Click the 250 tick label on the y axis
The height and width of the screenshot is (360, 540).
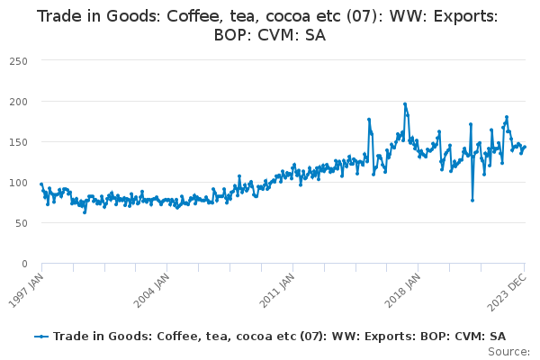(x=19, y=61)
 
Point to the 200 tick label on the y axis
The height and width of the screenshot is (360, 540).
(x=19, y=102)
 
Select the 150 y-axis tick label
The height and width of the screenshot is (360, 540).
(x=19, y=142)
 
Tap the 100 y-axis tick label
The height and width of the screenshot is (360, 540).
(x=19, y=183)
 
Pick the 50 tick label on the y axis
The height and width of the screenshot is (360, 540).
(x=22, y=223)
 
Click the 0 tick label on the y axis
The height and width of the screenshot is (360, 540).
(x=24, y=264)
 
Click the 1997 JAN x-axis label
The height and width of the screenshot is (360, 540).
(x=26, y=291)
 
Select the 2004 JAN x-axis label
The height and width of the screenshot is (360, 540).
(x=152, y=291)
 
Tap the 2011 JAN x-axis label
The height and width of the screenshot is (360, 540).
(x=277, y=291)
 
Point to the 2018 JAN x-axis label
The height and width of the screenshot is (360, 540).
(x=402, y=291)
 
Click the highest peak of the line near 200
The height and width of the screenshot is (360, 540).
(x=405, y=104)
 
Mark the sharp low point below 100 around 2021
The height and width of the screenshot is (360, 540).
(x=472, y=200)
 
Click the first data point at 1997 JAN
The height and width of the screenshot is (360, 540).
(x=41, y=184)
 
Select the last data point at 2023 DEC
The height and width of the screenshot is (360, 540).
(x=525, y=147)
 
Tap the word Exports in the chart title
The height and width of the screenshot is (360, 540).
(x=465, y=17)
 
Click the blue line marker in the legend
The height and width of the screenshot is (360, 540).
(x=41, y=337)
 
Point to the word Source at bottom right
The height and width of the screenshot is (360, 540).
(x=508, y=352)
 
